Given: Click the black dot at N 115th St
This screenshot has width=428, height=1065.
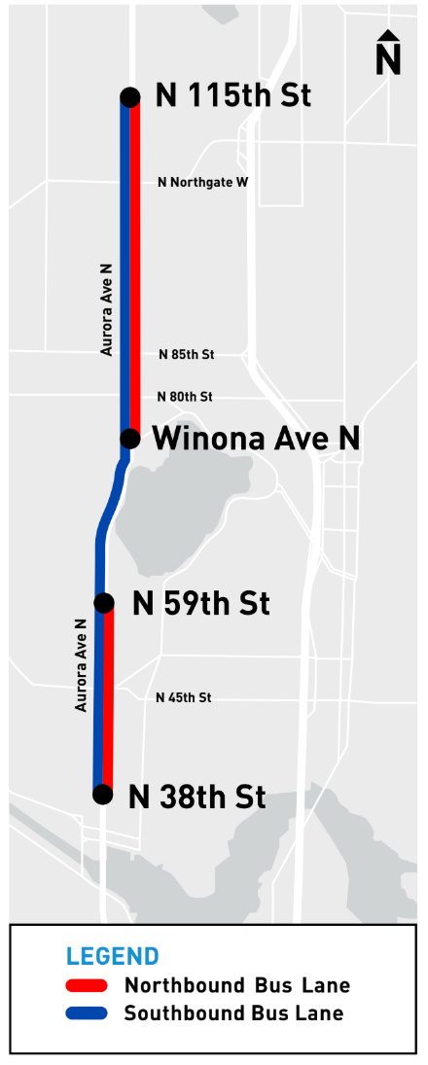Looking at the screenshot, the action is pyautogui.click(x=129, y=96).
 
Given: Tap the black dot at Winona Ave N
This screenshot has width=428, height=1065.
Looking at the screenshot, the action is pyautogui.click(x=129, y=439).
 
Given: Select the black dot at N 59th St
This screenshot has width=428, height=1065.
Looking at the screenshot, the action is pyautogui.click(x=104, y=603).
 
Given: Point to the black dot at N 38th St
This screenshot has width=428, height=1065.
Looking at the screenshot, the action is pyautogui.click(x=102, y=795).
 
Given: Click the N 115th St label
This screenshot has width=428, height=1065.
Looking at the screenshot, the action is pyautogui.click(x=232, y=95).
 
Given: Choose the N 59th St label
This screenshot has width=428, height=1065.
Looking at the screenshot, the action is pyautogui.click(x=200, y=603).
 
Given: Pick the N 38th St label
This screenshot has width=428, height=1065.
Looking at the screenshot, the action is pyautogui.click(x=196, y=797).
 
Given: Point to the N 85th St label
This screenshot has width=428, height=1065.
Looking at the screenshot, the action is pyautogui.click(x=186, y=355).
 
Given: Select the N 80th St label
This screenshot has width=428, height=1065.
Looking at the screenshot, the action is pyautogui.click(x=185, y=397).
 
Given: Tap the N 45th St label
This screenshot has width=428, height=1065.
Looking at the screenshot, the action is pyautogui.click(x=184, y=697).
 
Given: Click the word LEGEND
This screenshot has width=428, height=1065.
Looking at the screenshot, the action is pyautogui.click(x=112, y=956).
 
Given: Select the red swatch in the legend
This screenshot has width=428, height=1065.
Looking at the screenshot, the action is pyautogui.click(x=87, y=986).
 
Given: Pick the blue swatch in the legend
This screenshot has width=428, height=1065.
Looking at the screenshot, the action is pyautogui.click(x=87, y=1013).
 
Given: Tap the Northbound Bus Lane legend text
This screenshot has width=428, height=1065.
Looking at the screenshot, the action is pyautogui.click(x=236, y=986).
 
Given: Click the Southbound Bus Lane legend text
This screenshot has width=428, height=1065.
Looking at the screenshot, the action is pyautogui.click(x=233, y=1013).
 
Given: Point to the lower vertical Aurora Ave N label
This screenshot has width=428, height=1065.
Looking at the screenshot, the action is pyautogui.click(x=82, y=672).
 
